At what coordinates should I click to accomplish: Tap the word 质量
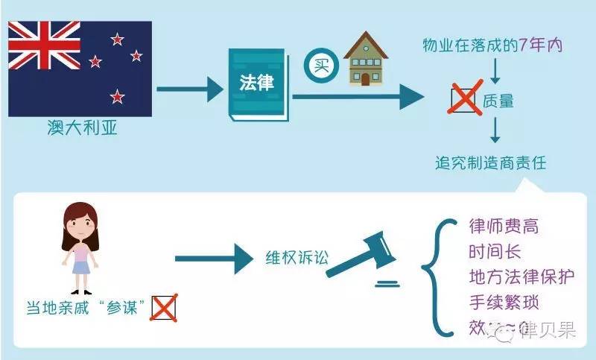point(498,101)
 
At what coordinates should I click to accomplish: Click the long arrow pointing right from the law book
point(358,96)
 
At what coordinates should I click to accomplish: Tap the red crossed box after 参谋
point(163,307)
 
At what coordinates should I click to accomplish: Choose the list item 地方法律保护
point(521,278)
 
